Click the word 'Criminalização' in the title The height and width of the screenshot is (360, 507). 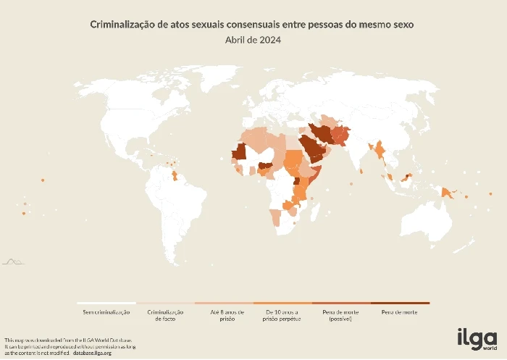(119, 25)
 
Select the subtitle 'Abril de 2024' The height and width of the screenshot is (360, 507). (253, 40)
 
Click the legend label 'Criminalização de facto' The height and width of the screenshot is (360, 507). (165, 314)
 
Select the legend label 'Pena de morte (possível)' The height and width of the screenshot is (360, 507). (341, 314)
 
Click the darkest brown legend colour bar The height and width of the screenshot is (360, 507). (400, 303)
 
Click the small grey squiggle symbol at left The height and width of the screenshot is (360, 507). (12, 261)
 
